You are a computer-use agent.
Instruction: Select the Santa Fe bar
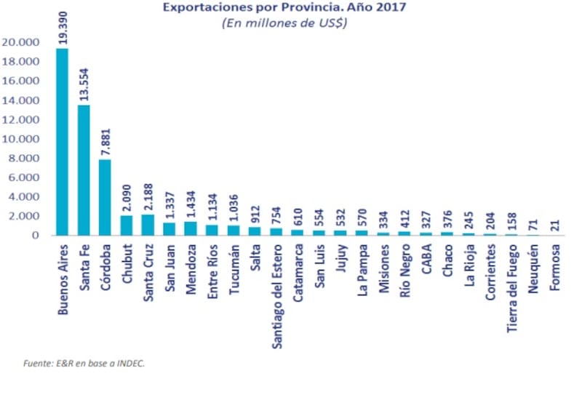click(84, 170)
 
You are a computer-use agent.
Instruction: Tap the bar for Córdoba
click(105, 197)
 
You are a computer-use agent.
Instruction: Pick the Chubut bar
click(127, 225)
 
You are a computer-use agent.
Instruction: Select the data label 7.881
click(105, 143)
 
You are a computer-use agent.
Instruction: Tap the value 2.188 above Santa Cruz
click(148, 198)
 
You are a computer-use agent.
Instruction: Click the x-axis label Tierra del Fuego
click(512, 290)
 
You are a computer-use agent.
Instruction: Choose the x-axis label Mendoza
click(191, 272)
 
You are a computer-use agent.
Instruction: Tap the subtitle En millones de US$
click(284, 23)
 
